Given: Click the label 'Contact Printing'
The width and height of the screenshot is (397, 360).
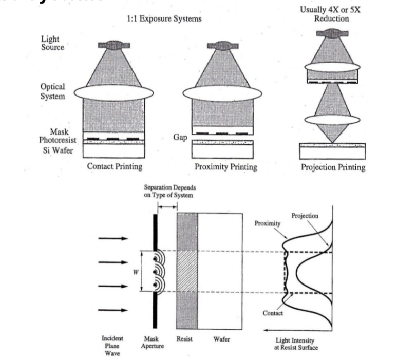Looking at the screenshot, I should (x=115, y=166).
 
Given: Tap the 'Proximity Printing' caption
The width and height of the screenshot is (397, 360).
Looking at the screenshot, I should (x=225, y=166).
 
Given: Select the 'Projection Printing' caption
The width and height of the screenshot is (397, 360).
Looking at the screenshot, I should (x=333, y=167).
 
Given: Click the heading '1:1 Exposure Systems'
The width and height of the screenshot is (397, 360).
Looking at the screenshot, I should (x=164, y=18).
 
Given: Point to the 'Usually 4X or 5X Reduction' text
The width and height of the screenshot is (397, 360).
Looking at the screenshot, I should (x=331, y=14).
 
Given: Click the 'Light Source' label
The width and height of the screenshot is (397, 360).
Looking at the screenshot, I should (x=53, y=43).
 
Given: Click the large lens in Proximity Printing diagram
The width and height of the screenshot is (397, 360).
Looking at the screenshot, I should (x=222, y=93).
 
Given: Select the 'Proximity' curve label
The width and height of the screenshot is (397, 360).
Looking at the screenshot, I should (x=268, y=223).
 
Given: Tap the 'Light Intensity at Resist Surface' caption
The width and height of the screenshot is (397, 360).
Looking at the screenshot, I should (x=295, y=344).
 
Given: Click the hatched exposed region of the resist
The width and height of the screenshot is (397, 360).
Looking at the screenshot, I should (x=187, y=272).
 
